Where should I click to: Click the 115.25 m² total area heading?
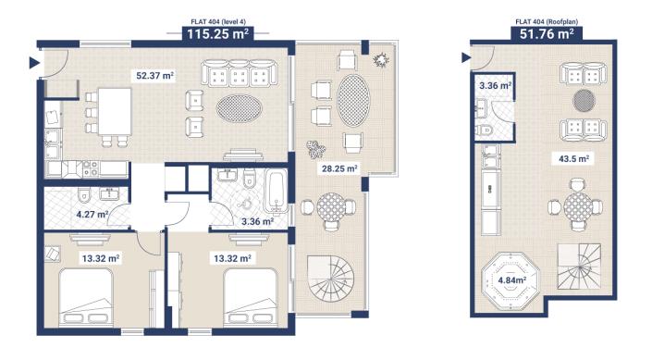pyautogui.click(x=219, y=34)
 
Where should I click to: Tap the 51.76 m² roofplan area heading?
pyautogui.click(x=541, y=34)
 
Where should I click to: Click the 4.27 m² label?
pyautogui.click(x=91, y=215)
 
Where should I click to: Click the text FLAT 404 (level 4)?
pyautogui.click(x=219, y=20)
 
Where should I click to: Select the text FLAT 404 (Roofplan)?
pyautogui.click(x=542, y=20)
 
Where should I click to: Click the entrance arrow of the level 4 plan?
pyautogui.click(x=34, y=63)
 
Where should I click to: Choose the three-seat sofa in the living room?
pyautogui.click(x=240, y=74)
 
